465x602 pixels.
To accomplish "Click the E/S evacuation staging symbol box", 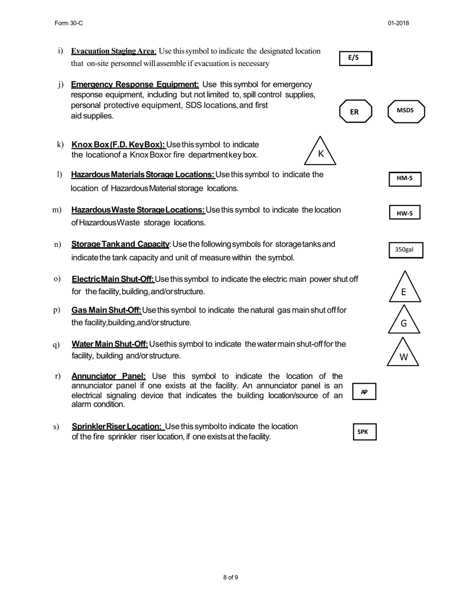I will point(356,58).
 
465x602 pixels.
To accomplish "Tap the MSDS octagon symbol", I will point(406,111).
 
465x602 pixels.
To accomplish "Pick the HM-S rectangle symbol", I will point(405,179).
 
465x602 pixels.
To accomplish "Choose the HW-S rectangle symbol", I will point(405,213).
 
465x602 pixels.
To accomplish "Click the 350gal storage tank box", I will point(405,250).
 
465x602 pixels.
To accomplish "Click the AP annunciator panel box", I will point(364,392).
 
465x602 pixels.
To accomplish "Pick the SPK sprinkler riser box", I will point(365,432).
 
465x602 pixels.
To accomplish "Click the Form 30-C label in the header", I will point(65,23).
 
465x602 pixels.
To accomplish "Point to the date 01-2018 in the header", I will point(398,23).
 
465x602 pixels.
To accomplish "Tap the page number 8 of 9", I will point(231,578).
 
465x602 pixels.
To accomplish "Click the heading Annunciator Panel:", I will point(109,376).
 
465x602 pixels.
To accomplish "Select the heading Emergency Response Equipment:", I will point(135,85).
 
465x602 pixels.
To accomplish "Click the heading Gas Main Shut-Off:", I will point(106,310).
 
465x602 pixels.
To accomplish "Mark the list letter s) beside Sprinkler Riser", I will point(56,427).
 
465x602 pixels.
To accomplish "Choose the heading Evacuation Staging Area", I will point(113,51).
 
